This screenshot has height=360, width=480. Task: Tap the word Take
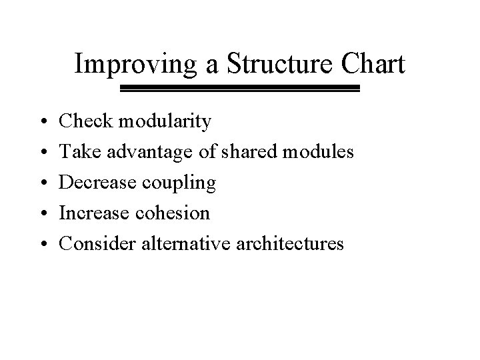(x=77, y=152)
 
